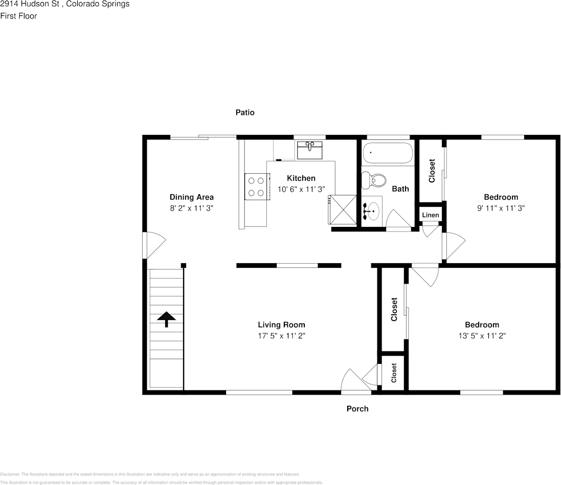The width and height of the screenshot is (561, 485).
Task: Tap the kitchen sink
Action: pyautogui.click(x=309, y=150)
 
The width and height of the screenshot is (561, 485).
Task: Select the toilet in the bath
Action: pyautogui.click(x=374, y=180)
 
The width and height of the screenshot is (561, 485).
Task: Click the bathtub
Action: pyautogui.click(x=387, y=152)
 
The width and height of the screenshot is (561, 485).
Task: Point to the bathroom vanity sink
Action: pyautogui.click(x=372, y=210)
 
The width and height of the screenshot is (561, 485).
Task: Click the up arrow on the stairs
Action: pyautogui.click(x=166, y=319)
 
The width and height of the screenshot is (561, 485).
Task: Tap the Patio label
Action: pyautogui.click(x=244, y=112)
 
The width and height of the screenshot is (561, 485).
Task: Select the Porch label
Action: pyautogui.click(x=357, y=408)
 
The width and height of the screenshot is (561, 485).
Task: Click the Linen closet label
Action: pyautogui.click(x=430, y=215)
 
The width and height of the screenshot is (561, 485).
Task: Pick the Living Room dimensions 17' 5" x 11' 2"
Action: pyautogui.click(x=281, y=336)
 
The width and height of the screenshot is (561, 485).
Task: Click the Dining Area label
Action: pyautogui.click(x=191, y=197)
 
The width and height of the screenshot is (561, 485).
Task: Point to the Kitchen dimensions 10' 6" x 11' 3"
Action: pyautogui.click(x=301, y=189)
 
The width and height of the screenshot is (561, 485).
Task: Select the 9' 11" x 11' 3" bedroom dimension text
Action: pyautogui.click(x=501, y=208)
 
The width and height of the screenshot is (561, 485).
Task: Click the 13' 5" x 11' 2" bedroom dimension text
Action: pyautogui.click(x=482, y=336)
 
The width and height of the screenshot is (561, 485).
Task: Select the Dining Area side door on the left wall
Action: pyautogui.click(x=153, y=246)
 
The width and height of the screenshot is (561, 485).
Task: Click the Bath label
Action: pyautogui.click(x=400, y=189)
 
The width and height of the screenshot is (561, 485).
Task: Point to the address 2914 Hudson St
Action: pyautogui.click(x=31, y=4)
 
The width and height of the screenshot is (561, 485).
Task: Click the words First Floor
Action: pyautogui.click(x=18, y=16)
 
